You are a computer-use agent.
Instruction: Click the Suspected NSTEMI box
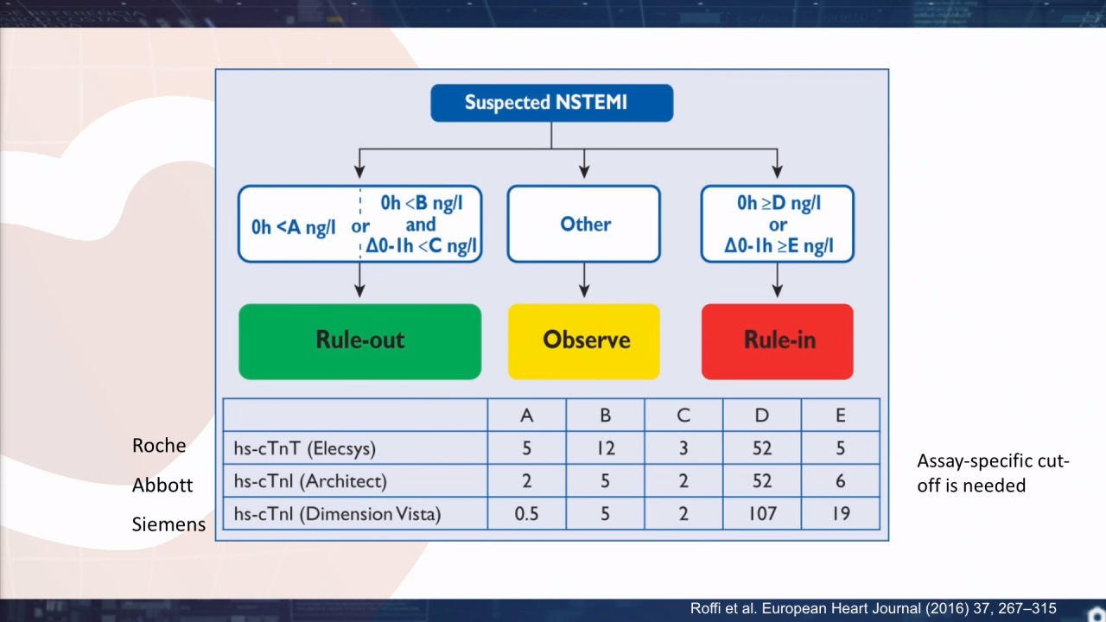551,103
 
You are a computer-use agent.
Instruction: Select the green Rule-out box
360,341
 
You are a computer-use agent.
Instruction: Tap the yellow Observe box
584,341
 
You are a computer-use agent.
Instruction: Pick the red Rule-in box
777,341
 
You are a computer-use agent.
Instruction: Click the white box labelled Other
583,224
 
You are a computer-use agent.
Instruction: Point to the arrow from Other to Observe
584,280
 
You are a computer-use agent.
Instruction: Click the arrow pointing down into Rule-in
777,280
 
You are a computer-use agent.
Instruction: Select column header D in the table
762,416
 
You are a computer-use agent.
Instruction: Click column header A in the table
527,416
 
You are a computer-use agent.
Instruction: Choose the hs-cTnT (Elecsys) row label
305,448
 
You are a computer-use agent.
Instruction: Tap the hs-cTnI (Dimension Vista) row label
337,514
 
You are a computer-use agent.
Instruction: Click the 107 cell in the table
762,514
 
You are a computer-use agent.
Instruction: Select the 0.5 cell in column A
527,514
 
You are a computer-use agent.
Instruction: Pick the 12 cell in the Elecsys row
606,448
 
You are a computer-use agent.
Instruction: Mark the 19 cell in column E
841,514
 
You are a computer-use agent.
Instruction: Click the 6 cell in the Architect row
841,481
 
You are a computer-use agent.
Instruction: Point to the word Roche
159,445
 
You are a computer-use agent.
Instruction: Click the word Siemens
168,524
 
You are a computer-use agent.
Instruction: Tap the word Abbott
162,485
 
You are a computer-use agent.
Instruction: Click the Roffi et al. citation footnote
873,608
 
